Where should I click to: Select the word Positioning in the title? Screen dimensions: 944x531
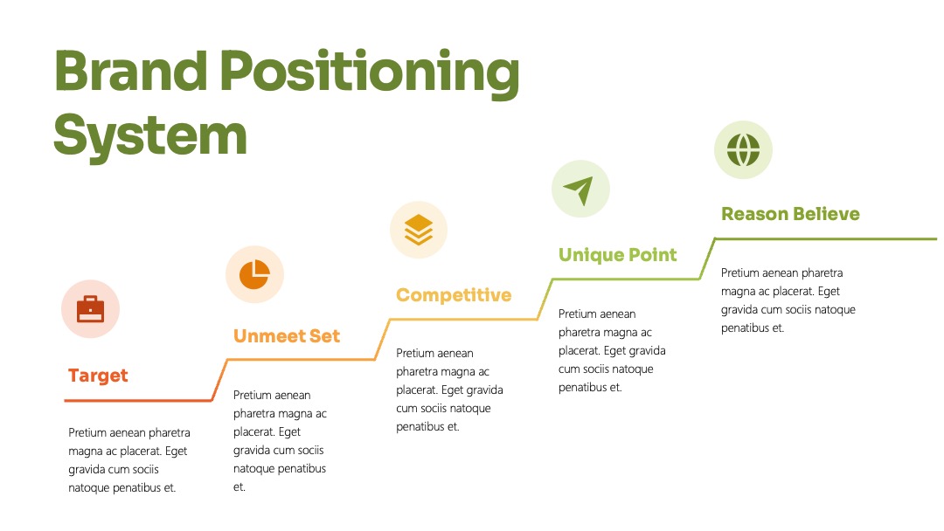[369, 73]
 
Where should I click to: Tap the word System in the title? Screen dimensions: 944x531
[150, 136]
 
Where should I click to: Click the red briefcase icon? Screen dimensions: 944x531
[90, 309]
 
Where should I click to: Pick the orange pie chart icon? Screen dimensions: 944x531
[254, 275]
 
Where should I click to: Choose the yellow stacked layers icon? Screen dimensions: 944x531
[419, 230]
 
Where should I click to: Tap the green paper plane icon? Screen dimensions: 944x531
[580, 190]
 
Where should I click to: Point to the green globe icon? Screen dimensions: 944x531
[743, 149]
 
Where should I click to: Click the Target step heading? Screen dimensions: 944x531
[98, 376]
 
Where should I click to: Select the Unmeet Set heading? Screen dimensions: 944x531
[287, 335]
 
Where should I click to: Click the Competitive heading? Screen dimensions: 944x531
[454, 294]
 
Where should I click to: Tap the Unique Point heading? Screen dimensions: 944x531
[618, 255]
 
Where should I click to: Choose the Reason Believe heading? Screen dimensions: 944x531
[790, 213]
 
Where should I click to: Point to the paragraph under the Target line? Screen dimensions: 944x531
[128, 460]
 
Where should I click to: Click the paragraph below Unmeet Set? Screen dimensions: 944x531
[280, 441]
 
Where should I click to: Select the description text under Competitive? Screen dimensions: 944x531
[449, 390]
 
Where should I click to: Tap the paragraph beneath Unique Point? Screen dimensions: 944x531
[612, 350]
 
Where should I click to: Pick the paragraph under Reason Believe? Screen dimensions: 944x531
[788, 300]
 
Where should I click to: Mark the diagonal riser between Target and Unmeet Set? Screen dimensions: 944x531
[219, 380]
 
